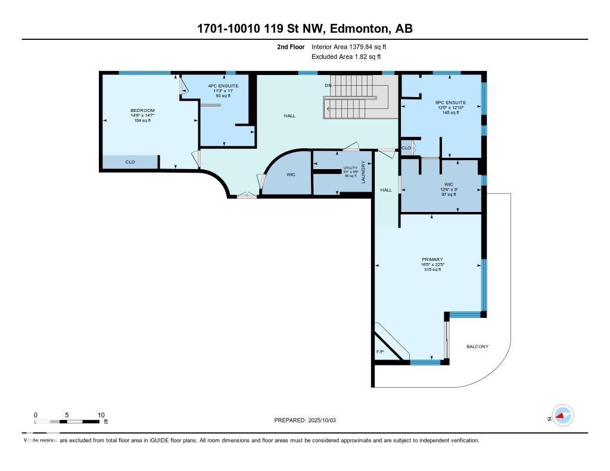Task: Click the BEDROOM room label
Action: click(142, 110)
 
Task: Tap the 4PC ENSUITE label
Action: click(223, 86)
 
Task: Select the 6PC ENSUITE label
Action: click(450, 102)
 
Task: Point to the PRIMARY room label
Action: click(432, 260)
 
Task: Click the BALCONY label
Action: click(477, 347)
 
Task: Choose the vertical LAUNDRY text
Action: click(363, 171)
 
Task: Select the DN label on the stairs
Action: click(328, 86)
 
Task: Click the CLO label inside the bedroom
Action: click(130, 162)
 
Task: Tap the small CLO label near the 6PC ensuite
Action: click(406, 148)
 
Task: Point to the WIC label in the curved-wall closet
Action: click(291, 175)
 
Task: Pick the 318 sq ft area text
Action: click(432, 270)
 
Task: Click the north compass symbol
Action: click(562, 416)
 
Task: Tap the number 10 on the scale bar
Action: click(101, 415)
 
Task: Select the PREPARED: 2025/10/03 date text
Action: click(305, 420)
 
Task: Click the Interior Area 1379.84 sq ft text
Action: click(353, 46)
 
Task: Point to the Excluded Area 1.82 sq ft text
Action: click(346, 57)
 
